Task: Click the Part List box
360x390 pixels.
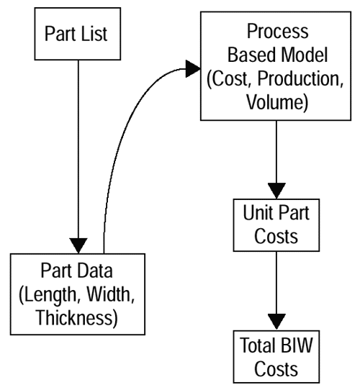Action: coord(78,34)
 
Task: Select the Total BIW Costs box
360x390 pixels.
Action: coord(276,357)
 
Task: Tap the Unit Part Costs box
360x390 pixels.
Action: coord(276,225)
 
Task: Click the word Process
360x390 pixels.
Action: coord(278,31)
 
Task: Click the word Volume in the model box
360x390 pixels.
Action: coord(275,102)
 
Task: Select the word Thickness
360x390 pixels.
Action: coord(75,317)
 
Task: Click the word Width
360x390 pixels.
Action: coord(108,294)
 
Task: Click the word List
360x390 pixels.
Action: coord(94,34)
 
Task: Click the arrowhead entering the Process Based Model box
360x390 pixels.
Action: coord(193,68)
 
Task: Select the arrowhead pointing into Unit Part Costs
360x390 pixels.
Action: coord(276,191)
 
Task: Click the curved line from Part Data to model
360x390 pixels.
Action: coord(125,130)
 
